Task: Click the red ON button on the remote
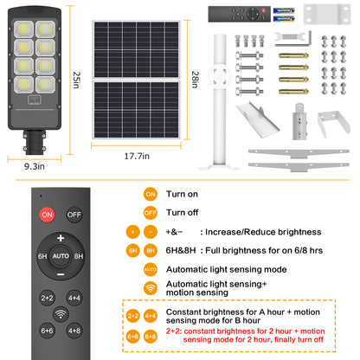[46, 213]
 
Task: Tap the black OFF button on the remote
[75, 213]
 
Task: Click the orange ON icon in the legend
[151, 195]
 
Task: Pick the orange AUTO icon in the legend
[151, 269]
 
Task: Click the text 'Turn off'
[182, 212]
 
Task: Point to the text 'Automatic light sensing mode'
[228, 269]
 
